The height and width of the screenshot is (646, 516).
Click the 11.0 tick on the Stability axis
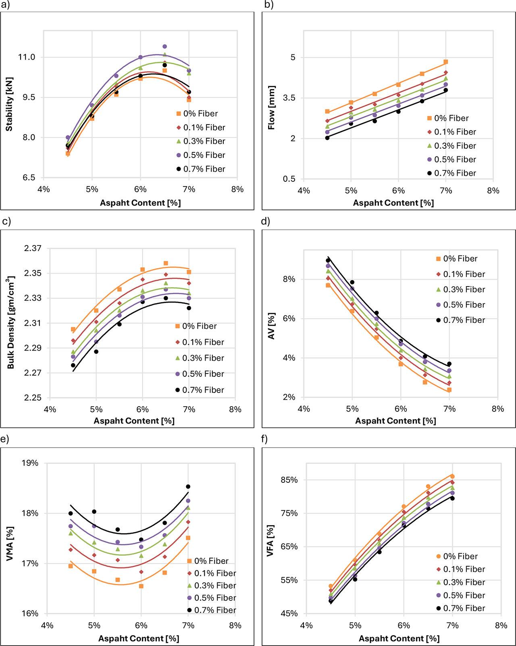pyautogui.click(x=27, y=57)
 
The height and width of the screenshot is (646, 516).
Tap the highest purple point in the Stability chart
pyautogui.click(x=164, y=47)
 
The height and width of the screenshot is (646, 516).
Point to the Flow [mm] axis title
pyautogui.click(x=271, y=108)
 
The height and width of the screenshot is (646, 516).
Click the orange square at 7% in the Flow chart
pyautogui.click(x=446, y=62)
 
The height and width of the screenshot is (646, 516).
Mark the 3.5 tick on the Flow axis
pyautogui.click(x=289, y=98)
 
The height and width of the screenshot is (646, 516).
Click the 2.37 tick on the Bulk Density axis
pyautogui.click(x=33, y=249)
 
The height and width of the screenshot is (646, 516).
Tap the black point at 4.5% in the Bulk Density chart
pyautogui.click(x=73, y=365)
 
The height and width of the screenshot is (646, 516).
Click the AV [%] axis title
pyautogui.click(x=271, y=326)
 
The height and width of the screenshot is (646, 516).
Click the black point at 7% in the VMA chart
pyautogui.click(x=188, y=487)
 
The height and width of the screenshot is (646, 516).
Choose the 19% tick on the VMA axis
pyautogui.click(x=30, y=463)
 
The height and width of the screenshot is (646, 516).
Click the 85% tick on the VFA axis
pyautogui.click(x=289, y=480)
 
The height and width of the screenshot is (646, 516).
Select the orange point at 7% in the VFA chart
pyautogui.click(x=452, y=476)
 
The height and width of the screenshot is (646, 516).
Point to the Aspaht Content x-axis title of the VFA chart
pyautogui.click(x=399, y=639)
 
